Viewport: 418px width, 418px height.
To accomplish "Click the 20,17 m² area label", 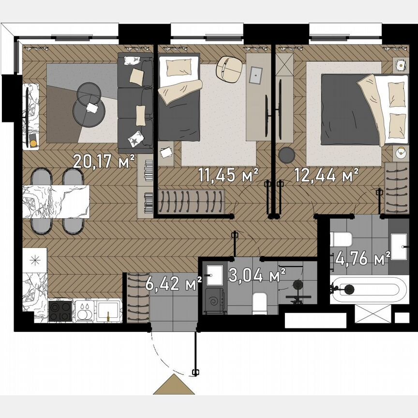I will (x=103, y=161).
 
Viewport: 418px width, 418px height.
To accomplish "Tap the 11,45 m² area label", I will (x=228, y=175).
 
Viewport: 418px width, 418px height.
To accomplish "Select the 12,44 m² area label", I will (x=327, y=174).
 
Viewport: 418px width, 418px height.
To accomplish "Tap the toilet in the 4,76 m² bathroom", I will (x=342, y=239).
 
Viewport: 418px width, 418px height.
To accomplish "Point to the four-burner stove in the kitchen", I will (x=60, y=311).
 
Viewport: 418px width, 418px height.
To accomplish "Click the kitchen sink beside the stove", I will (x=108, y=311).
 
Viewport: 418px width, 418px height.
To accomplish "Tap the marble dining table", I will (x=56, y=202).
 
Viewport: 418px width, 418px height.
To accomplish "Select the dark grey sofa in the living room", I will (x=135, y=103).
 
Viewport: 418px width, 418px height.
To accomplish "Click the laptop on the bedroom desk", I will (x=255, y=74).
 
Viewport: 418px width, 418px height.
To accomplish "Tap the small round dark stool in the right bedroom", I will (x=287, y=154).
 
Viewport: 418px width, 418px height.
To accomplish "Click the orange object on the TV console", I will (x=33, y=143).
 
